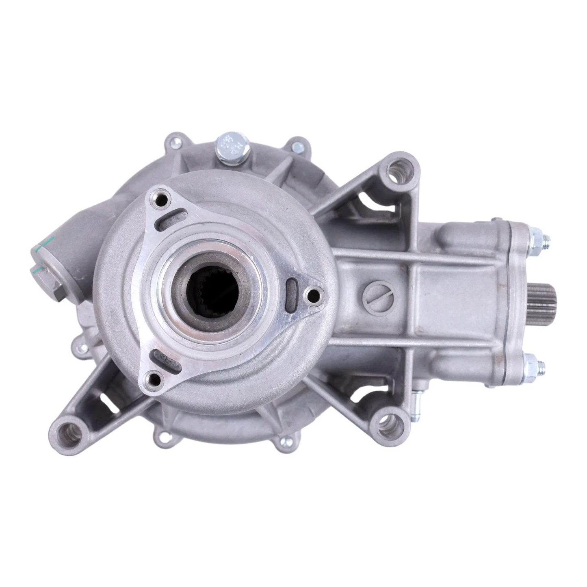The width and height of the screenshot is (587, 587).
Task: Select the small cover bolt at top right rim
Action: click(x=298, y=145)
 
